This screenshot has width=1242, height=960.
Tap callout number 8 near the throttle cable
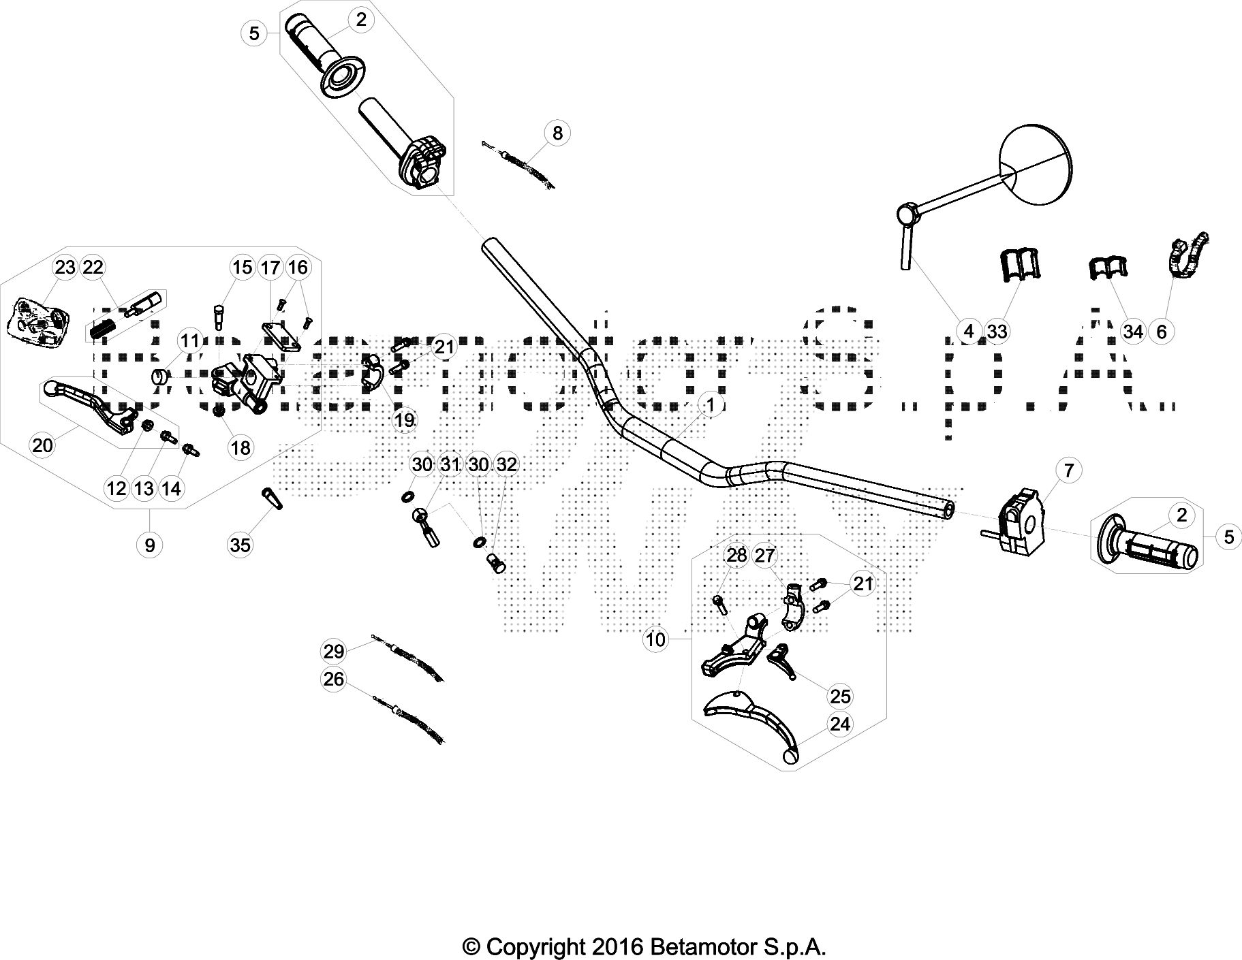[x=557, y=133]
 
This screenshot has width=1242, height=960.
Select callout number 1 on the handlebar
[x=711, y=405]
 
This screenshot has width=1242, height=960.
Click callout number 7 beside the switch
[x=1068, y=470]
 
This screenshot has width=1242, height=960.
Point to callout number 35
[x=240, y=544]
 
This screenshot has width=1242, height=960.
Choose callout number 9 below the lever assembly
[x=149, y=544]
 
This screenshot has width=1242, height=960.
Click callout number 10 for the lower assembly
[x=655, y=639]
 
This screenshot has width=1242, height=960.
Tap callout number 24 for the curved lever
[x=840, y=724]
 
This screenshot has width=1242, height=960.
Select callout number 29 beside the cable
[x=334, y=652]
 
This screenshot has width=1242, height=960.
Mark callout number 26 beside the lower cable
[x=334, y=679]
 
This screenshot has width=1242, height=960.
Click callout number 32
[x=506, y=465]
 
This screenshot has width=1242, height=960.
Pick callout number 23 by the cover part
[x=65, y=268]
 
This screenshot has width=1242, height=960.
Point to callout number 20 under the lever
[x=42, y=445]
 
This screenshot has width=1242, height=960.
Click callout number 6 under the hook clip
[x=1162, y=332]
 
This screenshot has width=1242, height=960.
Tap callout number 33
[x=997, y=332]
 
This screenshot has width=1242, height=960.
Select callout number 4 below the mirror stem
[x=969, y=332]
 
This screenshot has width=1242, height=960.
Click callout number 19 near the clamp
[x=405, y=420]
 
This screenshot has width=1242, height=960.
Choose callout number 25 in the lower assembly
[x=840, y=696]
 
